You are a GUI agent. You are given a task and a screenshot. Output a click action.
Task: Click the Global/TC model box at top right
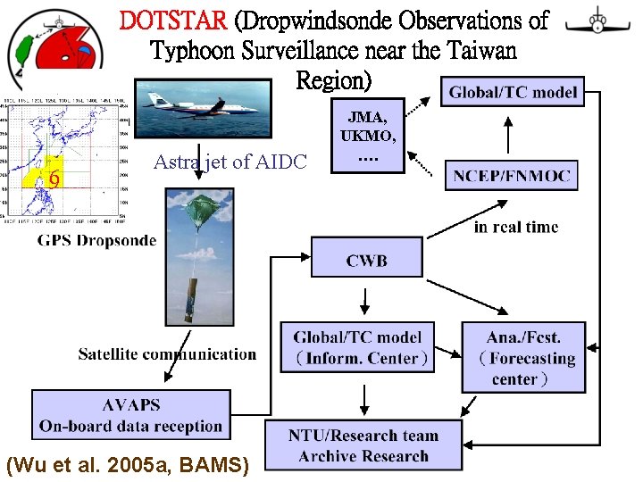point(513,92)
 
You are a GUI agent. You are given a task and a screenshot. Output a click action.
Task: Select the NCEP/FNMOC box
point(511,175)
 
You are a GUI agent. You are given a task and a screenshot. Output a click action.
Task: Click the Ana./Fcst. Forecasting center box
point(523,357)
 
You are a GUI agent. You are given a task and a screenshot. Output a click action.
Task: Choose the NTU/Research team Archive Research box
point(363,446)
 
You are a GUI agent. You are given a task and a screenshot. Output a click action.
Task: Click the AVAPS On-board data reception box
point(130,415)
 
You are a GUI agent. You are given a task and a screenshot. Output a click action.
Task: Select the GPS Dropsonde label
point(96,240)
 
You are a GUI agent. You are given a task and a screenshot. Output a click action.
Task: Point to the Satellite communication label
point(167,354)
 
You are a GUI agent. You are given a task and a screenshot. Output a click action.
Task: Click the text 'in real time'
point(515,228)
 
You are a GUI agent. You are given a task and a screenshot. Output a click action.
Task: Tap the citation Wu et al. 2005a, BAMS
point(128,464)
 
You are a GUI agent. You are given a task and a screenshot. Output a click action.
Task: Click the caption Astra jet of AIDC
point(230,162)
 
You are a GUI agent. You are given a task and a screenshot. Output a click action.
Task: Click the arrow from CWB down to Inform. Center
point(365,298)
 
